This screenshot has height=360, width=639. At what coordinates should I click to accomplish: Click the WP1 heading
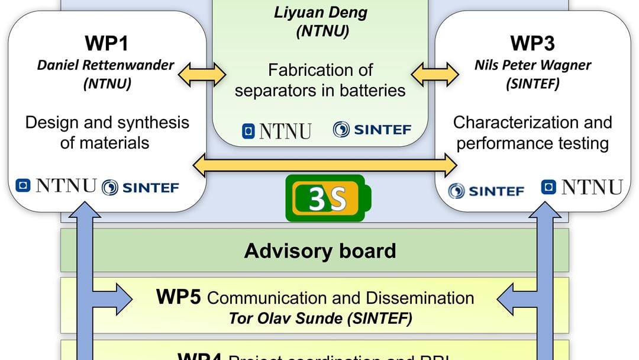(106, 44)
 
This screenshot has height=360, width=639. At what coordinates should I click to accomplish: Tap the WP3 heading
(532, 44)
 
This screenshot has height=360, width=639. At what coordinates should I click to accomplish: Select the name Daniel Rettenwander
(106, 65)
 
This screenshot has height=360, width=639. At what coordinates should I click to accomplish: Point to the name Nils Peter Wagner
(532, 65)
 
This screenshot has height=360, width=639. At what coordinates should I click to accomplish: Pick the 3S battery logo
(329, 199)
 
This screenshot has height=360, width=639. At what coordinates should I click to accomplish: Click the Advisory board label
(320, 250)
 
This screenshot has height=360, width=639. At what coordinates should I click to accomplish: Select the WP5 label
(179, 297)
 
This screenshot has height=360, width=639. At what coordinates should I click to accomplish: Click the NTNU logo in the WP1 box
(56, 187)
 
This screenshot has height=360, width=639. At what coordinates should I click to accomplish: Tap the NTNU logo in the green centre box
(276, 130)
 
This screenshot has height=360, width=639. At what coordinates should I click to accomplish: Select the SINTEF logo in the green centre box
(372, 130)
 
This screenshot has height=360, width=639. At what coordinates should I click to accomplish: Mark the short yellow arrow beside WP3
(435, 75)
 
